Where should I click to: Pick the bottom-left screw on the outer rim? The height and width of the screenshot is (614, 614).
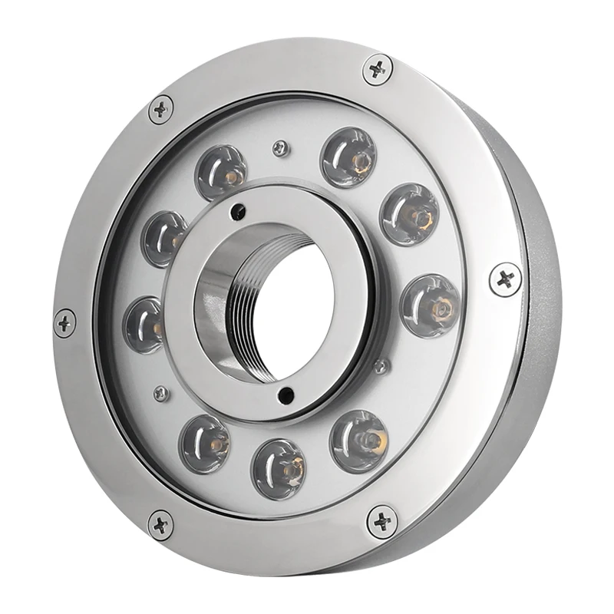[160, 525]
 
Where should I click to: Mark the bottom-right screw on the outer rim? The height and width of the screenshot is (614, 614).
[381, 522]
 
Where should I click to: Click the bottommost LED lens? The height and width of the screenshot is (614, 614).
[279, 464]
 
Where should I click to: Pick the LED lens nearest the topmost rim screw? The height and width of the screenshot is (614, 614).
[349, 157]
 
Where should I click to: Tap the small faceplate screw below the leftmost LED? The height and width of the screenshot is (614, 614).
[159, 392]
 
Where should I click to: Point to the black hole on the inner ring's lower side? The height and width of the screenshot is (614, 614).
[285, 395]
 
